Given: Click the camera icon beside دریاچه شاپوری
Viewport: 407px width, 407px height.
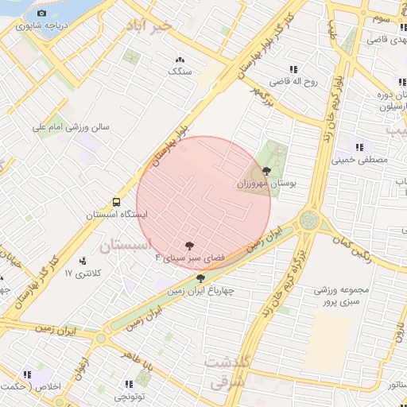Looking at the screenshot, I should [42, 14].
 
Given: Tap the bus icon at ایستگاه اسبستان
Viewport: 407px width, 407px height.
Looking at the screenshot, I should [117, 203].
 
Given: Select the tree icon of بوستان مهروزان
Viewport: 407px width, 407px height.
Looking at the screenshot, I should [266, 171].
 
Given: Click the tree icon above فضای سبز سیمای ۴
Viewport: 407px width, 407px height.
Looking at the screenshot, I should [189, 246].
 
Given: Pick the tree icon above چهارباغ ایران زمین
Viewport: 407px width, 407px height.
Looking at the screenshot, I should [200, 279].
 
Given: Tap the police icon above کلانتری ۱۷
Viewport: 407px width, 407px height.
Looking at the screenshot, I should [83, 261].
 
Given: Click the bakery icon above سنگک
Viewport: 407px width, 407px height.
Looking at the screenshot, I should [180, 60].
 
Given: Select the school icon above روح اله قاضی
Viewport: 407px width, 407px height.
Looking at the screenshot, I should [293, 69].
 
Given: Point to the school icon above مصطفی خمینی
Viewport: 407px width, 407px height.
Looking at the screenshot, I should [359, 147].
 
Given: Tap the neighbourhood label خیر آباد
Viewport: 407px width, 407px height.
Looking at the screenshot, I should [148, 27].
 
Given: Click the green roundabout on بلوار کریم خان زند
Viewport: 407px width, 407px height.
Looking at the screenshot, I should [308, 219].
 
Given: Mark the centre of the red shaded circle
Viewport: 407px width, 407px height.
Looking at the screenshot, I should [203, 203].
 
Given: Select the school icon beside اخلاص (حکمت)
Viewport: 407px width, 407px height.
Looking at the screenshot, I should [28, 374].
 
